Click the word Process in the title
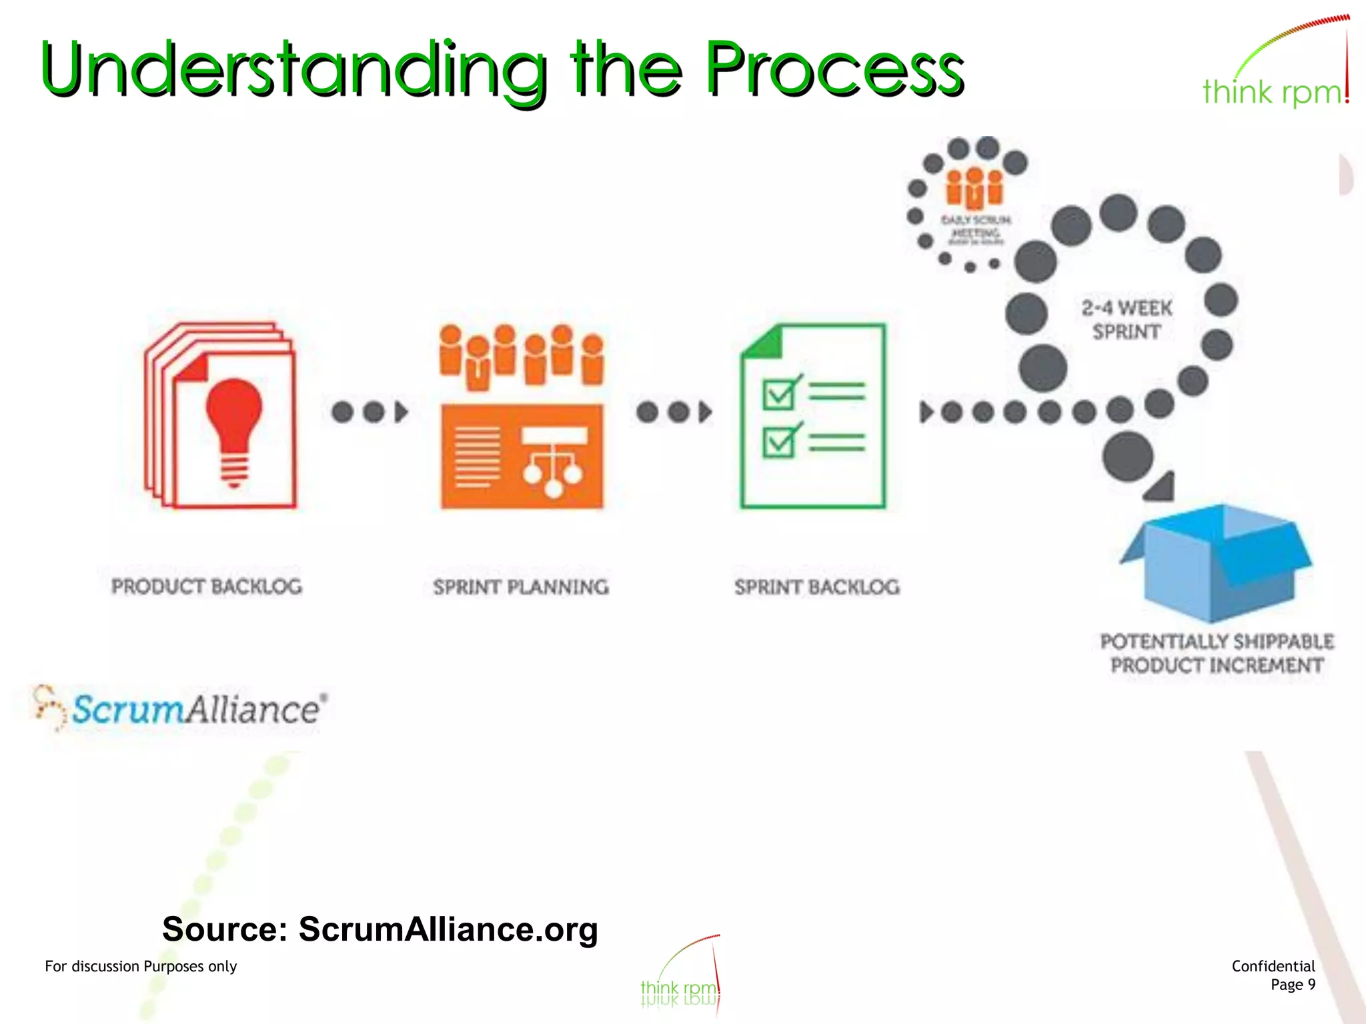[x=834, y=68]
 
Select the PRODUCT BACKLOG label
[x=207, y=587]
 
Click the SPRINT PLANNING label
[x=521, y=587]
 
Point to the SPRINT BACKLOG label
[x=817, y=587]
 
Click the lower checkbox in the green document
[x=779, y=441]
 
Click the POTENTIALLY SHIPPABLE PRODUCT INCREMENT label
[x=1217, y=653]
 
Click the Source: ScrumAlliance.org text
[x=380, y=929]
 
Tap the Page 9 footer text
[x=1293, y=985]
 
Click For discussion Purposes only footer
[x=141, y=966]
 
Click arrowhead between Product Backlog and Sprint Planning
[x=401, y=412]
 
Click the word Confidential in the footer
[x=1273, y=966]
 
